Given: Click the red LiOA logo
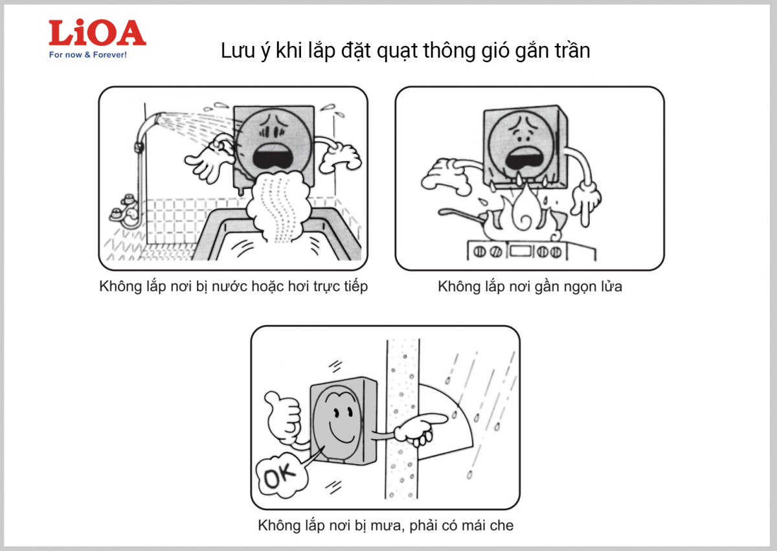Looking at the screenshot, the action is pos(97,32).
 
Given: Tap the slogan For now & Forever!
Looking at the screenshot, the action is pos(88,55).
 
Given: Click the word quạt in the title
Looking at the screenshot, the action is pos(398,51).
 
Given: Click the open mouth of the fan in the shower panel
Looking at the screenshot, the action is pos(273,158).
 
